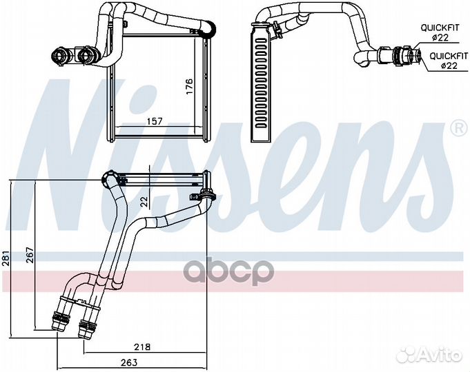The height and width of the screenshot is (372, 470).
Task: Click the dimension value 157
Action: point(155,121)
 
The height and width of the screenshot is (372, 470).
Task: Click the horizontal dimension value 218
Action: point(142,347)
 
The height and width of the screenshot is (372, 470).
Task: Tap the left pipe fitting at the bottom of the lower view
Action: point(60,318)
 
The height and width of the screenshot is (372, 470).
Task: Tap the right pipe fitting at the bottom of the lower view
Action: point(88,321)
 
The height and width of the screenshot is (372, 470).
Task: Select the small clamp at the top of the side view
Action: point(275,30)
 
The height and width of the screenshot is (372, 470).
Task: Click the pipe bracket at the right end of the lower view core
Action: point(208,195)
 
